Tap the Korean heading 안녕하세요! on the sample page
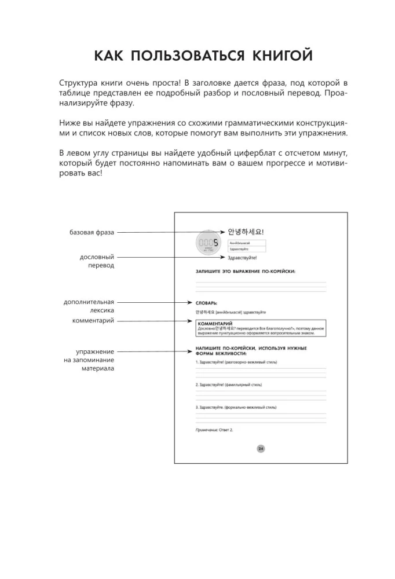[246, 232]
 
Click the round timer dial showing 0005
[209, 244]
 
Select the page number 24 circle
[261, 448]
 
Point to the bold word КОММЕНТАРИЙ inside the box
[215, 324]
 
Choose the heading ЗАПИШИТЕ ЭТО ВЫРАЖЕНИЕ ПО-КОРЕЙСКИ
[245, 270]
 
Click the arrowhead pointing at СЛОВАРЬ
[190, 302]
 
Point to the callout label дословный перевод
[96, 261]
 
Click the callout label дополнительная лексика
[89, 306]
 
